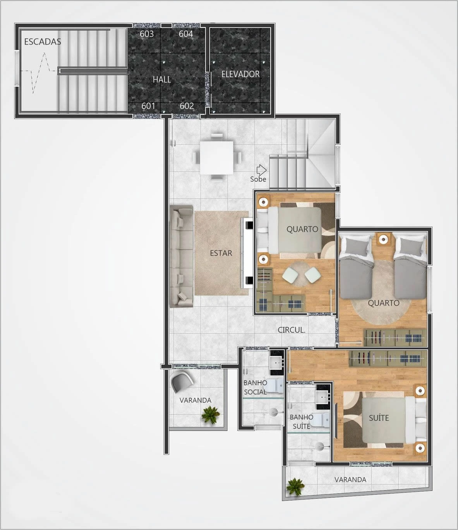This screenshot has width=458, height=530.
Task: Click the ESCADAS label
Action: [x=43, y=41]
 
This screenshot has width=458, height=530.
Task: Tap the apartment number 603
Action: [x=146, y=34]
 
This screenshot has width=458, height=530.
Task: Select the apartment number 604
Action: [x=186, y=34]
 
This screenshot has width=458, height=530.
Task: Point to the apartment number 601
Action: [x=148, y=106]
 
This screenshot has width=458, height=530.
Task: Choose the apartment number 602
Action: [x=187, y=106]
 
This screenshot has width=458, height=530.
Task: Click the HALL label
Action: [x=162, y=79]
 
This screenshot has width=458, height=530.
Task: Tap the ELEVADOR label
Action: [x=240, y=74]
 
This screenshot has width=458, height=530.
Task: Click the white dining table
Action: [x=216, y=157]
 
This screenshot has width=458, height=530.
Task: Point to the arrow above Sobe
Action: [x=261, y=169]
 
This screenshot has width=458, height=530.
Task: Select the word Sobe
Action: [x=258, y=179]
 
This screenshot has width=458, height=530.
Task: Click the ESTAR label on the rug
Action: [x=221, y=253]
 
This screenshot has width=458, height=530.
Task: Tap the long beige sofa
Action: [x=181, y=256]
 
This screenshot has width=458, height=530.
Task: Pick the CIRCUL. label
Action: [x=292, y=330]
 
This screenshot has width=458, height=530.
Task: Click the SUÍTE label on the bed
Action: [x=379, y=418]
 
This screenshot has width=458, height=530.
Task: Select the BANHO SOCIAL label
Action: [x=255, y=387]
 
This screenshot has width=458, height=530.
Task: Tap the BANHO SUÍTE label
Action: [x=302, y=422]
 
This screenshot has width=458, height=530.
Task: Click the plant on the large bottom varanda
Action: [x=295, y=487]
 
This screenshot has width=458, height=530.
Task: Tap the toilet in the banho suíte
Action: [x=323, y=421]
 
